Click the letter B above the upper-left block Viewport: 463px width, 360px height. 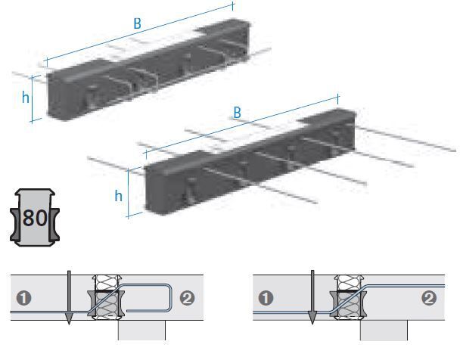coord(137,23)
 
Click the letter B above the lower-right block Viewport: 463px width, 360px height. coord(237,113)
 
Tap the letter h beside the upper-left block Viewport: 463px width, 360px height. coord(26,97)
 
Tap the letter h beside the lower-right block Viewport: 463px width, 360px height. coord(119,195)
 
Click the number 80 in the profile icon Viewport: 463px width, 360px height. coord(35,218)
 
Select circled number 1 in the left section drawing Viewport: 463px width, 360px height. coord(24,298)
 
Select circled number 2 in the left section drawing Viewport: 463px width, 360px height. coord(187,298)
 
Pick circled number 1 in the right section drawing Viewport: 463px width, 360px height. coord(266,298)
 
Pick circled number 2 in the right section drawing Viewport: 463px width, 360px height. coord(429,298)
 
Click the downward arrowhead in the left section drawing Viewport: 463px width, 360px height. coord(69,318)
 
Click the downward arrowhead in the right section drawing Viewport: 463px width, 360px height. coord(312,318)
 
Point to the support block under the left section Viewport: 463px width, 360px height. coord(141,331)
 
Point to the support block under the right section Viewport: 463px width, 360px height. coord(384,331)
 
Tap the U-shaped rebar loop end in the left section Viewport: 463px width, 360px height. coord(171,298)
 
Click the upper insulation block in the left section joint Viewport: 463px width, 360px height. coord(107,283)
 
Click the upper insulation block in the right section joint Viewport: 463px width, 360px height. coord(350,283)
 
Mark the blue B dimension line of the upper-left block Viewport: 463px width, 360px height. coord(139,33)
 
